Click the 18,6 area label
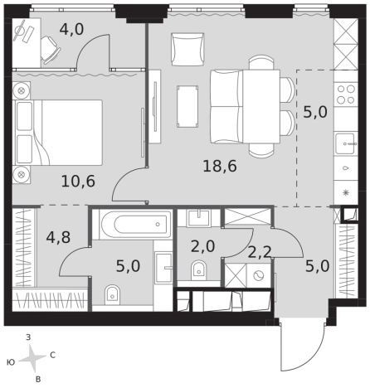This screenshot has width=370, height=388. [x=220, y=167]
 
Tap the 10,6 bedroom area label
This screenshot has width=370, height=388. [x=78, y=182]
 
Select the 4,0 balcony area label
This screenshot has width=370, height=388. [x=71, y=29]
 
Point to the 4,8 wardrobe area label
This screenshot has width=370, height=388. [x=58, y=237]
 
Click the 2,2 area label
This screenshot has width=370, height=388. [x=259, y=252]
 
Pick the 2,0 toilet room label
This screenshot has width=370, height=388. [x=202, y=246]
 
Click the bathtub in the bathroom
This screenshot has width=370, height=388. [x=134, y=224]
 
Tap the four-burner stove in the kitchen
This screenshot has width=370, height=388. [x=346, y=94]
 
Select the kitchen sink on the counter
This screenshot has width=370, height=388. [x=346, y=143]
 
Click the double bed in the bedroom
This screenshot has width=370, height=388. [x=59, y=133]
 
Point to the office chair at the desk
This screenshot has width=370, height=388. [x=51, y=50]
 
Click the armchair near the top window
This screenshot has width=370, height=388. [x=187, y=49]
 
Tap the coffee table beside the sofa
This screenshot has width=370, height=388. [x=187, y=106]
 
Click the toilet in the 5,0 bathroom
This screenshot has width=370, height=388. [x=112, y=294]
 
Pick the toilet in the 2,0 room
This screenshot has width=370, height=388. [x=199, y=269]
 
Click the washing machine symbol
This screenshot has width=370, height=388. [x=259, y=275]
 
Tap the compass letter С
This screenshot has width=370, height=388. [x=52, y=355]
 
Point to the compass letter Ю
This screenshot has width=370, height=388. [x=11, y=362]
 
